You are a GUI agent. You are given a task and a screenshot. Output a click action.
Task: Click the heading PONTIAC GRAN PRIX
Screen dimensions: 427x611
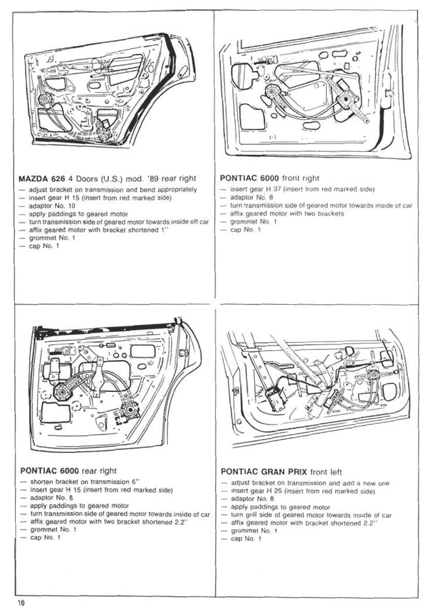click(264, 472)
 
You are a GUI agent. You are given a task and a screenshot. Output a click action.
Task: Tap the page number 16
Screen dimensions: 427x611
click(21, 602)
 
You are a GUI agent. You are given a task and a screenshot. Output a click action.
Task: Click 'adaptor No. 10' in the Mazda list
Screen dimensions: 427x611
click(52, 206)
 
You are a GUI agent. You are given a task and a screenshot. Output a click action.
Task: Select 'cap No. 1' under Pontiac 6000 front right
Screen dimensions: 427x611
click(245, 230)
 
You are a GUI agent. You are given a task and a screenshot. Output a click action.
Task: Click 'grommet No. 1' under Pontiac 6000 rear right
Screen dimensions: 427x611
click(53, 530)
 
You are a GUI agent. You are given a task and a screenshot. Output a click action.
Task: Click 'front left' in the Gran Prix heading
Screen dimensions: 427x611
click(326, 472)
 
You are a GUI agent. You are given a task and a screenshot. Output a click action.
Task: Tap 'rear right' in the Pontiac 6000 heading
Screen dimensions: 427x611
click(99, 471)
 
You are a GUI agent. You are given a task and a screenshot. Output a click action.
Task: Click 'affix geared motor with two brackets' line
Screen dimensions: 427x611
click(287, 213)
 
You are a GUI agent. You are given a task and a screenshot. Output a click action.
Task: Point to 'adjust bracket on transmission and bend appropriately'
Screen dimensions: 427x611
click(113, 189)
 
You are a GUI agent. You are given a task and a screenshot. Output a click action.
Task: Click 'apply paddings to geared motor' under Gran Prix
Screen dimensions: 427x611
click(280, 507)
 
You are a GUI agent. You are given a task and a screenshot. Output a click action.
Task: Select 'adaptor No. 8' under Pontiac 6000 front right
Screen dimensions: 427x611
click(252, 197)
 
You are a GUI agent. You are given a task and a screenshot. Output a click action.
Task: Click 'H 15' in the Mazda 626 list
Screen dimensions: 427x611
click(72, 198)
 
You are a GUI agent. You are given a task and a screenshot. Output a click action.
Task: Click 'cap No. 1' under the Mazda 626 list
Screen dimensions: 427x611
click(44, 246)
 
